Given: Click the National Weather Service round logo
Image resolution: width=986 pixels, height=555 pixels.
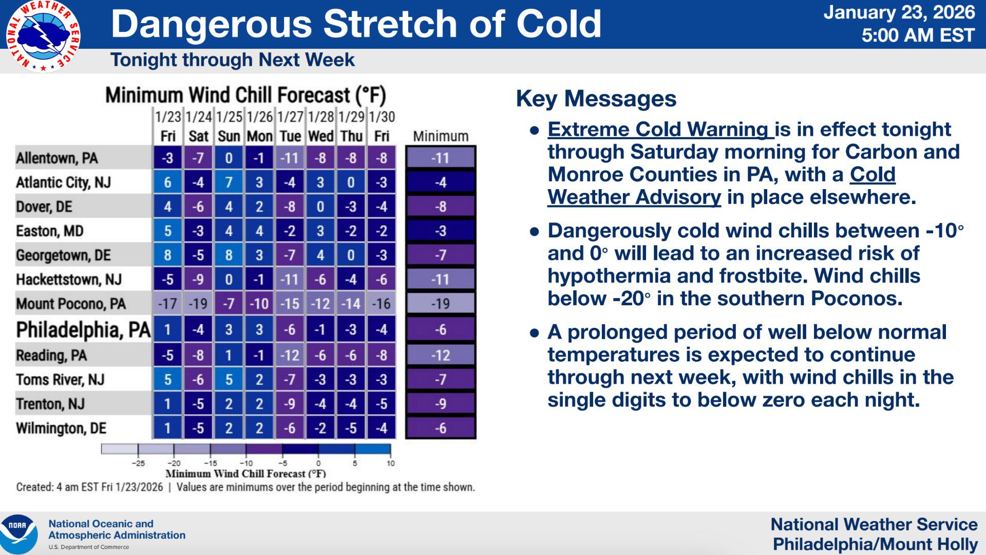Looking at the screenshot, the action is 43,36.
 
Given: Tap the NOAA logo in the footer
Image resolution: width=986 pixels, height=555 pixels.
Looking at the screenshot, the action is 19,534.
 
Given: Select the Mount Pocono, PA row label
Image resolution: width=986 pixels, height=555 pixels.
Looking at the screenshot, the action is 71,304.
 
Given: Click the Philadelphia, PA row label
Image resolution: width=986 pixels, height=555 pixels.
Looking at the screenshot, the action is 83,330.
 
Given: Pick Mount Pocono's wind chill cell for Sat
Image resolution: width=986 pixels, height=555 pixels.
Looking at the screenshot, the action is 198,304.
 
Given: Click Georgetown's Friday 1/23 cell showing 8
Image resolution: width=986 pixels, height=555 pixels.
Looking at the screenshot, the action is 167,255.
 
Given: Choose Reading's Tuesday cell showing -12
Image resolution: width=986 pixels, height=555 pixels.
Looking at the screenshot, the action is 290,355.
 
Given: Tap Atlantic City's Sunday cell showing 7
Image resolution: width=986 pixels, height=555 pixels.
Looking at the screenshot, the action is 229,182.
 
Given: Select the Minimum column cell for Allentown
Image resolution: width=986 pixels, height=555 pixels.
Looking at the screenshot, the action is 441,158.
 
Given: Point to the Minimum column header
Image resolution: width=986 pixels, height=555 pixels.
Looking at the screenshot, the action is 441,136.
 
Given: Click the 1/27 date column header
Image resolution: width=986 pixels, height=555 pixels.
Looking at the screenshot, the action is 290,117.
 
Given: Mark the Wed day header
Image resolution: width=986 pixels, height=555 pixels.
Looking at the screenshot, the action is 320,136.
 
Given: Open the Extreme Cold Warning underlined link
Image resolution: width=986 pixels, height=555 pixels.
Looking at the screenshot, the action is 660,129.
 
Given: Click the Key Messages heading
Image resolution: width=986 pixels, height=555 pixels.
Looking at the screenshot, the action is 596,99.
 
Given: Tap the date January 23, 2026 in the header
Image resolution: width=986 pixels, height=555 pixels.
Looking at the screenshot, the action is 899,12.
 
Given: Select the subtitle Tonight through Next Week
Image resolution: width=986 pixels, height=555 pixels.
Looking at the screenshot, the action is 233,60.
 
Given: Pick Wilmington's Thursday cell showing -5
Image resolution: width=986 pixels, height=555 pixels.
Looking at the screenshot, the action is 351,428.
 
